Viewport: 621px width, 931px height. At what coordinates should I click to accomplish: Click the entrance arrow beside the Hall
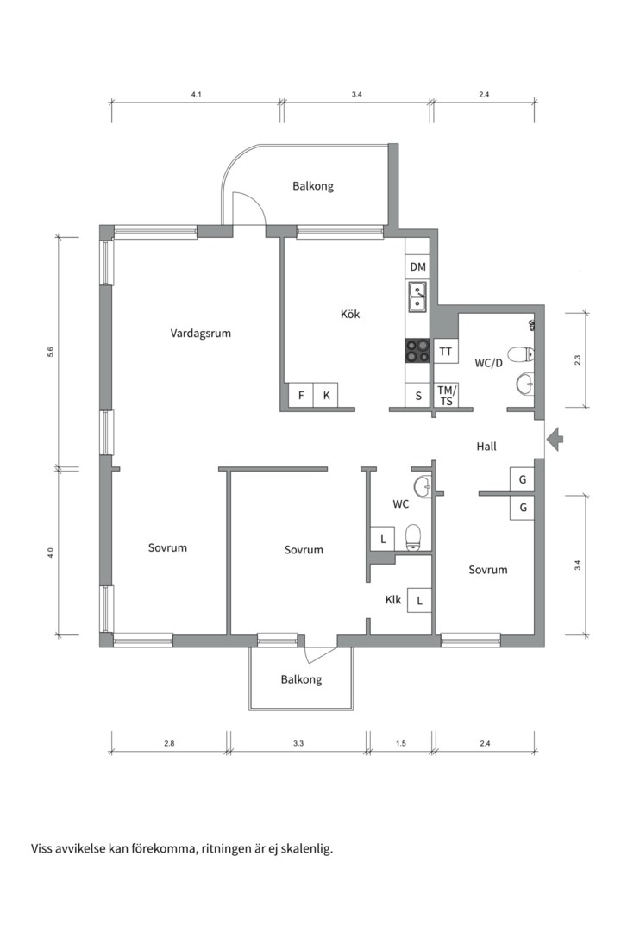[555, 440]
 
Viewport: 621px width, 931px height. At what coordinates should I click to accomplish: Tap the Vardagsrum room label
[200, 333]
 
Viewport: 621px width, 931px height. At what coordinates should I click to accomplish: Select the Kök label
[350, 314]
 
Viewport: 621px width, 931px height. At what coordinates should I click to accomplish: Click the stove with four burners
[417, 350]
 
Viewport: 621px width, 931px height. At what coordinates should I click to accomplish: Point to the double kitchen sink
[417, 297]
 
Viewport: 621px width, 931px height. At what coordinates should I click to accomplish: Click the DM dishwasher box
[417, 268]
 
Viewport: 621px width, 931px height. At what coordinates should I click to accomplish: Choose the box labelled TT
[445, 352]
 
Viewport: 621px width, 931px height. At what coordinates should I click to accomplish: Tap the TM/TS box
[446, 396]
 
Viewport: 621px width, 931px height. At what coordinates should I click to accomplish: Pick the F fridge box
[301, 395]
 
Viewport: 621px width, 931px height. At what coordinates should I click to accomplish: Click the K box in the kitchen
[326, 395]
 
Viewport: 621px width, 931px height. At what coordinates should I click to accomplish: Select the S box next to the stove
[418, 396]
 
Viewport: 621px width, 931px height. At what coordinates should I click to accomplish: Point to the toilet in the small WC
[413, 537]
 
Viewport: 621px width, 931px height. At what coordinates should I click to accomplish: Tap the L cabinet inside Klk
[419, 600]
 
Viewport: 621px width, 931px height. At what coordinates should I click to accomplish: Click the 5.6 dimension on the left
[51, 352]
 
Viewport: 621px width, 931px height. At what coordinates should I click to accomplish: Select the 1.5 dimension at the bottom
[400, 743]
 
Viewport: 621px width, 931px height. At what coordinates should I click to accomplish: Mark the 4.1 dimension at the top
[197, 95]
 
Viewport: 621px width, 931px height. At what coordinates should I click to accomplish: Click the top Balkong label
[312, 186]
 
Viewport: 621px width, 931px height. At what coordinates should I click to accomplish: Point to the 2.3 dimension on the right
[578, 359]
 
